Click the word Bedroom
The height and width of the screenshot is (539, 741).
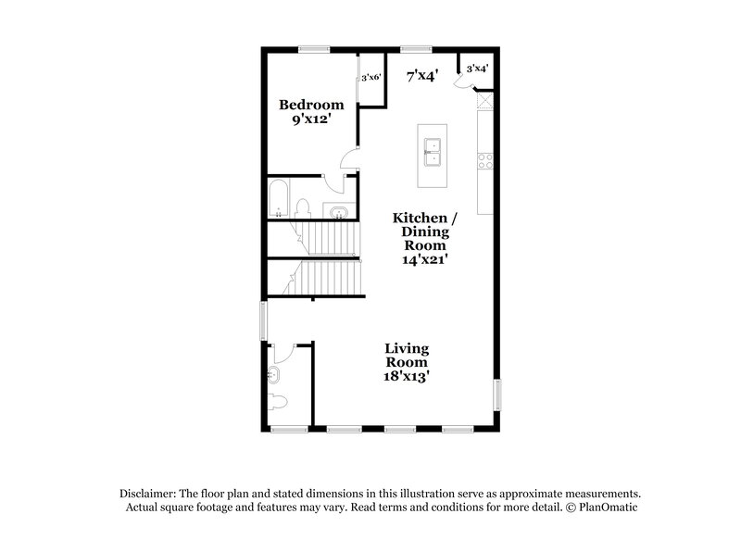[312, 105]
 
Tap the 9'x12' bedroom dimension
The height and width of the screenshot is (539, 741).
[312, 120]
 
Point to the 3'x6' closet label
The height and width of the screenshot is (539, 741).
[370, 77]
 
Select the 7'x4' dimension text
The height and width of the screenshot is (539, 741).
[422, 76]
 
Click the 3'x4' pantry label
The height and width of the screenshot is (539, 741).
[478, 68]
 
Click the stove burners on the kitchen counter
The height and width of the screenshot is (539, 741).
[484, 159]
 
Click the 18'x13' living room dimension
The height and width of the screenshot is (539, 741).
[407, 377]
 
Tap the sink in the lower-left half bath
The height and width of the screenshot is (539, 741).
[275, 375]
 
